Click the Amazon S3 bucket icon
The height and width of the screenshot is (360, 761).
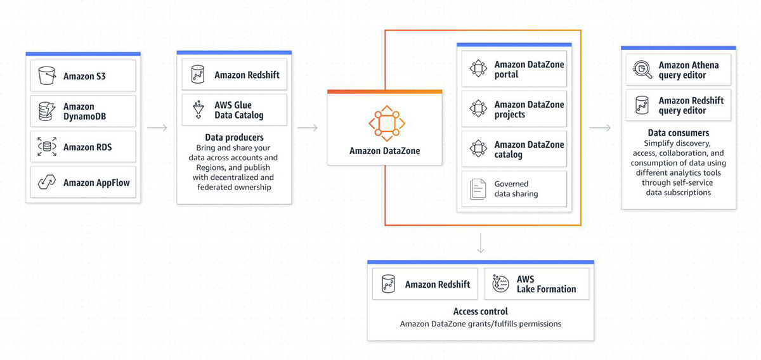coord(47,75)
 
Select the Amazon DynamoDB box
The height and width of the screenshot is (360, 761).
coord(83,111)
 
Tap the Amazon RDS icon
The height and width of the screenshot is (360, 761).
coord(47,146)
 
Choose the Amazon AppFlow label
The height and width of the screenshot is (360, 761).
coord(96,183)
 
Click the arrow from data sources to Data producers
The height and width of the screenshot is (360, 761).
coord(157,127)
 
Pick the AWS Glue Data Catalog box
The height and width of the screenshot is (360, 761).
coord(234,110)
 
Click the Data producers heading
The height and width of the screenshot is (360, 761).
coord(234,137)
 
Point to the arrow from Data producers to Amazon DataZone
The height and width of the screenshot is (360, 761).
coord(308,127)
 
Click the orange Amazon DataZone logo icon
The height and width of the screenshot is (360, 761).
coord(387,124)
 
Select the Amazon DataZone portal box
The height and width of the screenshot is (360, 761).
coord(514,69)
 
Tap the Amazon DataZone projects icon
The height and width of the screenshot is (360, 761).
coord(478,108)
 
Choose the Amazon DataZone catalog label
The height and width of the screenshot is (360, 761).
coord(529,150)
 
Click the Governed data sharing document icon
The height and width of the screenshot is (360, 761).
coord(478,189)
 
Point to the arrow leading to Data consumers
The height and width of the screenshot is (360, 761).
coord(600,127)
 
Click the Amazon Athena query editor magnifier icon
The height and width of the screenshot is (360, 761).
coord(642,70)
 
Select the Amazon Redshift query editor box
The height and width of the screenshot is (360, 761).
coord(679,105)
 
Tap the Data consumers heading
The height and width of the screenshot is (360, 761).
coord(679,132)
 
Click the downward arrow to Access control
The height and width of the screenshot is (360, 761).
coord(481,243)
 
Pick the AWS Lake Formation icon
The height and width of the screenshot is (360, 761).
coord(500,283)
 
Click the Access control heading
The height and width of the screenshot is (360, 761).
coord(481,311)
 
